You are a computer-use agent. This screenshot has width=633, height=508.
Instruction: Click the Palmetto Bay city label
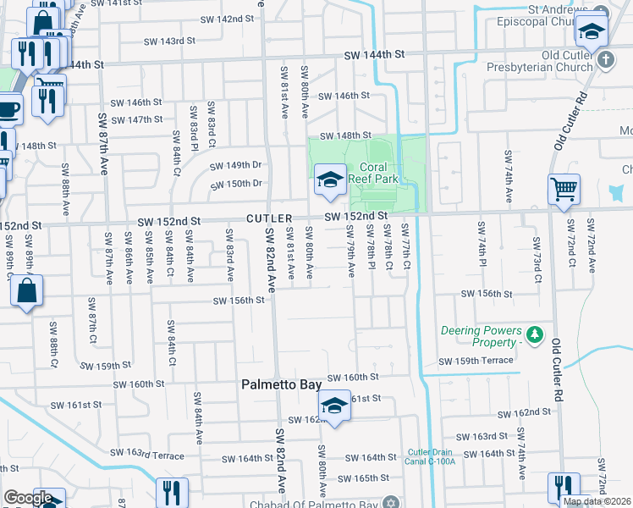tap(281, 384)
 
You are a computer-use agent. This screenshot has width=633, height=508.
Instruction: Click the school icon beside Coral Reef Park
tap(330, 179)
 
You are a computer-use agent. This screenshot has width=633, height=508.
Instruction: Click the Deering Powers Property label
tap(478, 336)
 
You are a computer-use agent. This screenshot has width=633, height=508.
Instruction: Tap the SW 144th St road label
tap(374, 54)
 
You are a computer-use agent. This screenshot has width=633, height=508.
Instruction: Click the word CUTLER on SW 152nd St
tap(269, 218)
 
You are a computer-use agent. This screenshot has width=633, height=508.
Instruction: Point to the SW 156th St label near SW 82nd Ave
tap(234, 301)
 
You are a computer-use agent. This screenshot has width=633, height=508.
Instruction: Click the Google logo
tap(28, 498)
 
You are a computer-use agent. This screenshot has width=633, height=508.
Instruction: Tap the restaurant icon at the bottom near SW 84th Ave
tap(173, 493)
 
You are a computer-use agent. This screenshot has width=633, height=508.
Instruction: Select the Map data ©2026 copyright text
tap(597, 501)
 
